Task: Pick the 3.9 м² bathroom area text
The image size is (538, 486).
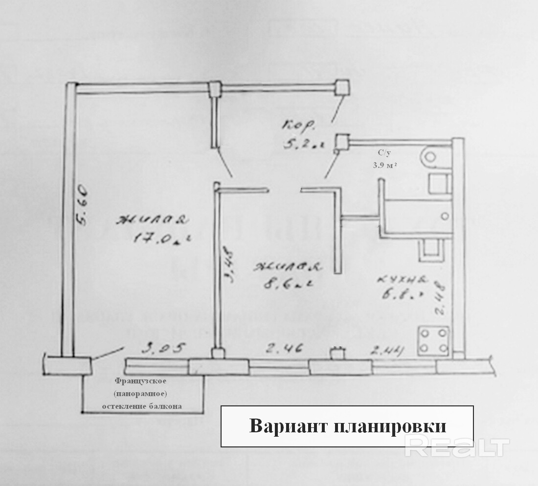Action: click(x=384, y=165)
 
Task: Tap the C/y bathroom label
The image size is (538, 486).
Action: click(x=384, y=153)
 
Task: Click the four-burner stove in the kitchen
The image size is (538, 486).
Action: click(x=433, y=341)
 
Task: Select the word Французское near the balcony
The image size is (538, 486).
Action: click(x=141, y=380)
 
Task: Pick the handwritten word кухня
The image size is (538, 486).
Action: click(x=403, y=280)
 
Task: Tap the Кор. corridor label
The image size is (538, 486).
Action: click(x=298, y=127)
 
